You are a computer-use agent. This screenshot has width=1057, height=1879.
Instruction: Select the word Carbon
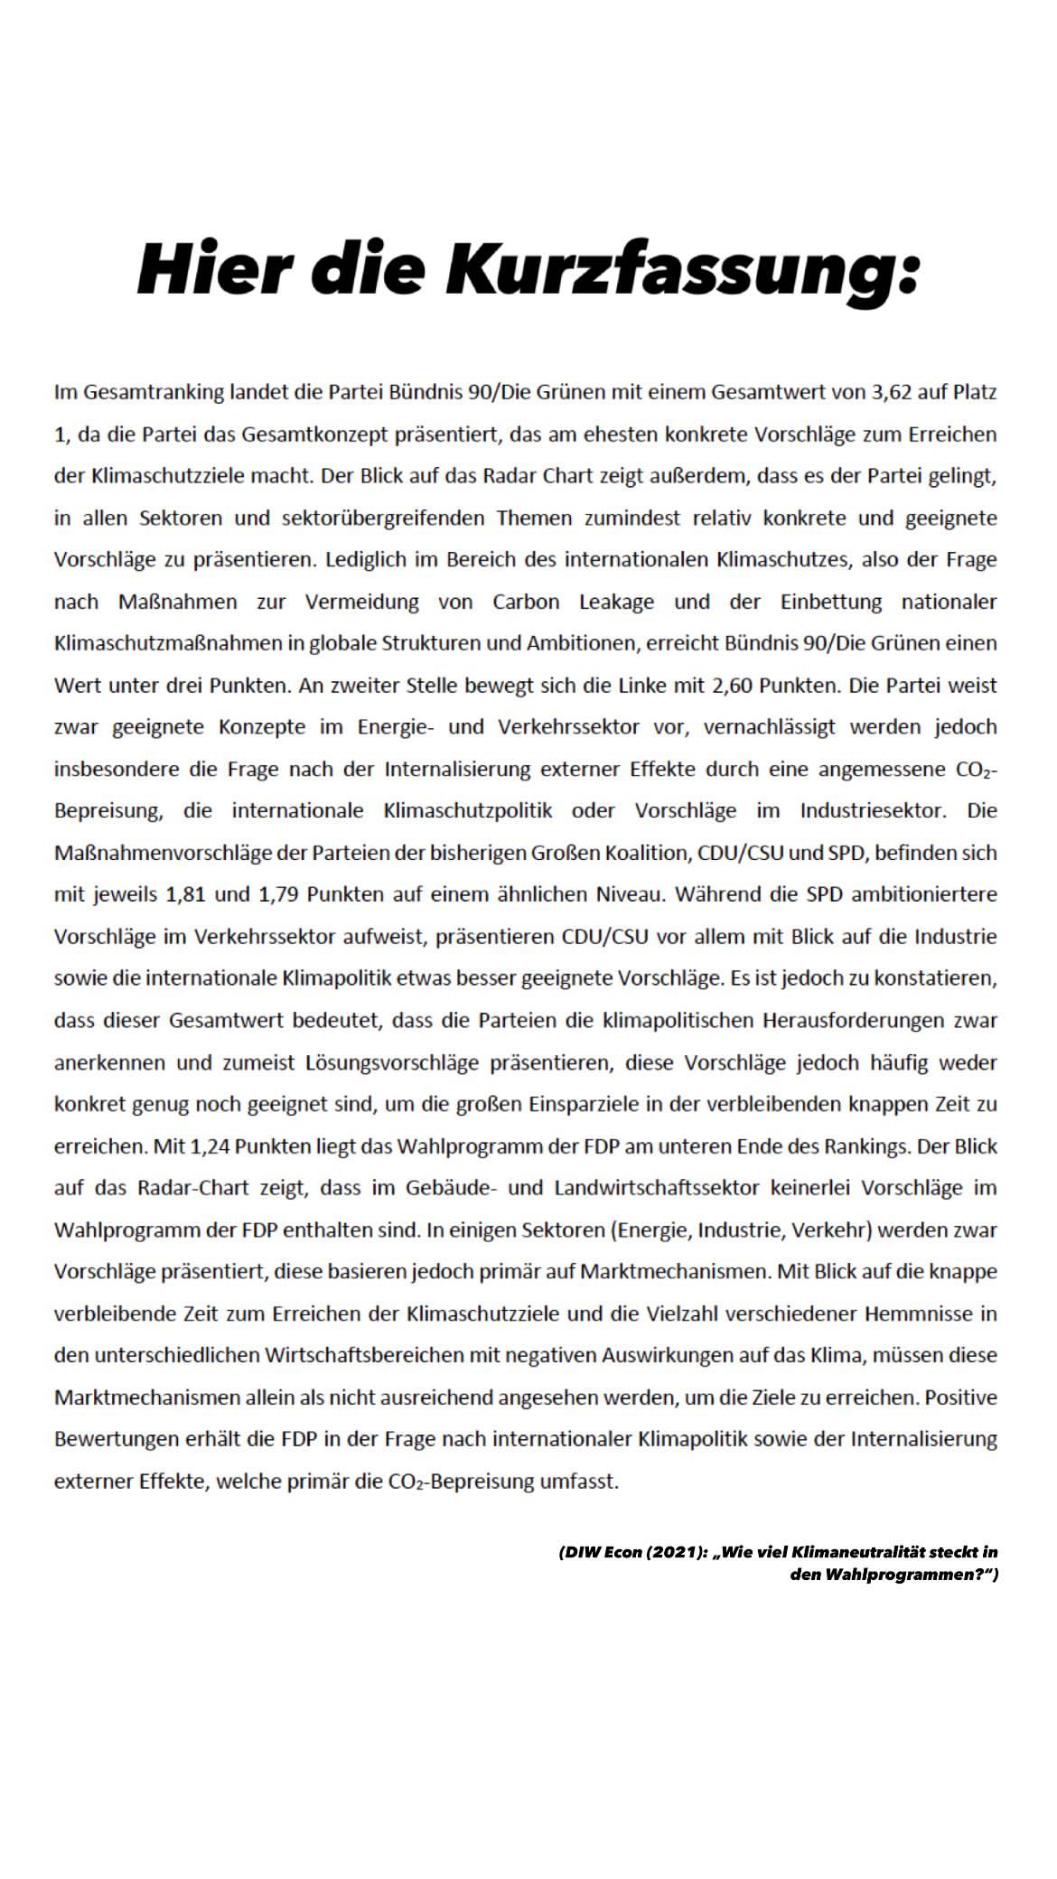pos(526,602)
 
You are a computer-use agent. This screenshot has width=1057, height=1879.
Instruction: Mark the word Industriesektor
pos(873,810)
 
